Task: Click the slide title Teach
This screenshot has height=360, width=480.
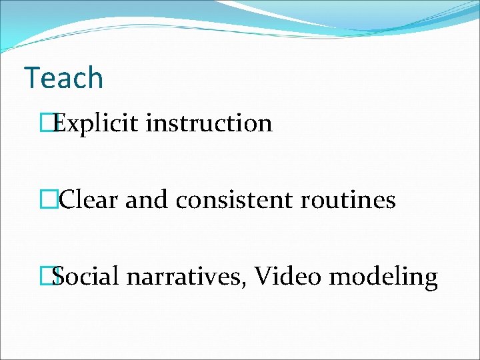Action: [x=63, y=78]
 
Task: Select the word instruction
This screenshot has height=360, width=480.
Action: [x=209, y=123]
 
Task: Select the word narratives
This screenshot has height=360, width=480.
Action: [x=185, y=276]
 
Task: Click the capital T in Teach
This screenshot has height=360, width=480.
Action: [x=32, y=78]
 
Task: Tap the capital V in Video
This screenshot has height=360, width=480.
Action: [x=263, y=276]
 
